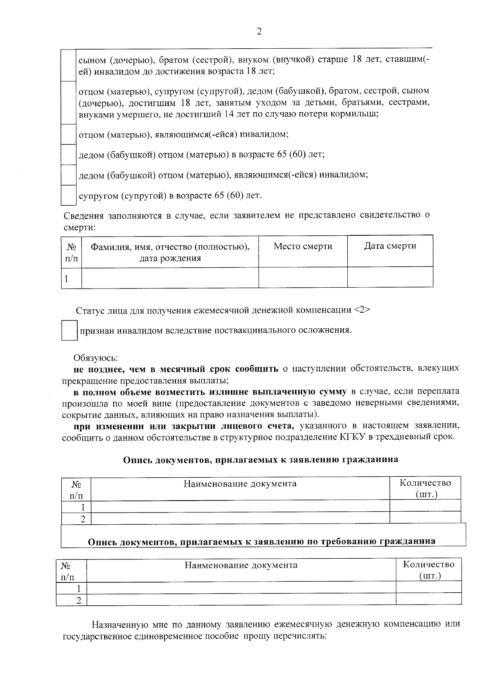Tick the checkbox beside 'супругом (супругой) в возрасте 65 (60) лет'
[68, 195]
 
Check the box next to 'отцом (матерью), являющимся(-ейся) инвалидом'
[68, 134]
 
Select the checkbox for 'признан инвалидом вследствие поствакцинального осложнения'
[69, 330]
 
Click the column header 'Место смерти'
[303, 246]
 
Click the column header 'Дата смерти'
[390, 246]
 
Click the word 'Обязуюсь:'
[96, 358]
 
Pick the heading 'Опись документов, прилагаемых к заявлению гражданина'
[261, 459]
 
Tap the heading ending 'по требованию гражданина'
[262, 541]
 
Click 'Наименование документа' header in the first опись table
[240, 484]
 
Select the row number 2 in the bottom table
[79, 600]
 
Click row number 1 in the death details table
[66, 279]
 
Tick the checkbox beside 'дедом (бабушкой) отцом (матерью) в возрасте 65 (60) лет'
[68, 155]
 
